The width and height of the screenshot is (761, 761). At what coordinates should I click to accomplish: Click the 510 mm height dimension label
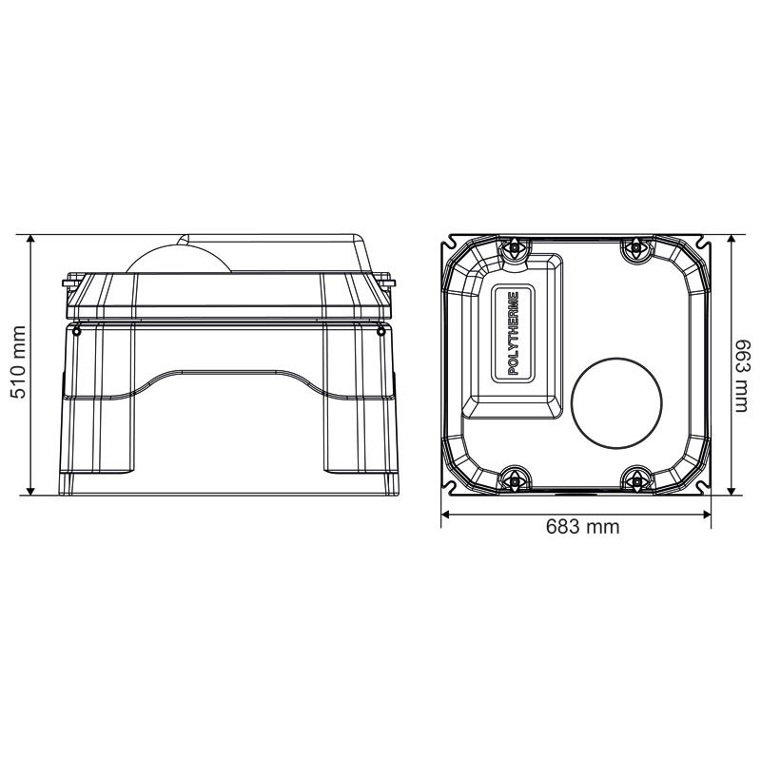(18, 362)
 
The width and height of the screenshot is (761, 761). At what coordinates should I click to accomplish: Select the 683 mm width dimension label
(582, 527)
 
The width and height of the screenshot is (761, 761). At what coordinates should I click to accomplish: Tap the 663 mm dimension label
(743, 376)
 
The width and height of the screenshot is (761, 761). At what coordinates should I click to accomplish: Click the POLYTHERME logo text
(513, 333)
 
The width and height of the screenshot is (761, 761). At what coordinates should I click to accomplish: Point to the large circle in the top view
(616, 402)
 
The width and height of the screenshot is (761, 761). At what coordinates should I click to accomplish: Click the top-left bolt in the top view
(514, 248)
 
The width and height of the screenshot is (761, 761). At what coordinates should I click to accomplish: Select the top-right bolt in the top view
(635, 248)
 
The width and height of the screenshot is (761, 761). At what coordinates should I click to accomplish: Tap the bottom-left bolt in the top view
(514, 481)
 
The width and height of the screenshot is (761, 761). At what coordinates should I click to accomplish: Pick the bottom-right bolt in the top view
(635, 481)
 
